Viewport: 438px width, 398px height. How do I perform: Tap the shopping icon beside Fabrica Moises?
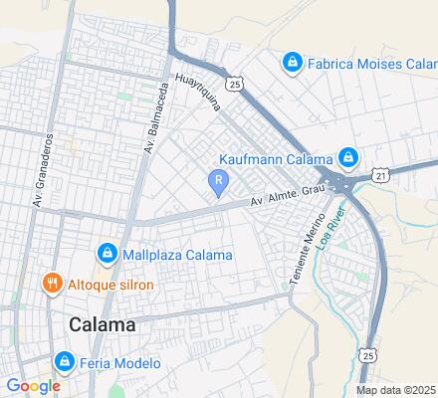click(x=293, y=64)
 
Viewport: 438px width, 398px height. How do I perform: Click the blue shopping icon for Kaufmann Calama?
click(x=347, y=157)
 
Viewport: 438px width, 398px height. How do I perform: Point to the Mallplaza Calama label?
click(x=177, y=254)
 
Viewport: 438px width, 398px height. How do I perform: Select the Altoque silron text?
click(x=109, y=284)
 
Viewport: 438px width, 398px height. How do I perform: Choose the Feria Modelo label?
click(x=120, y=363)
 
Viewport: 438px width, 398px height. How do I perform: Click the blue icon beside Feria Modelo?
click(x=65, y=361)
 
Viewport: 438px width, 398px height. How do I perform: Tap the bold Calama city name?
click(x=104, y=325)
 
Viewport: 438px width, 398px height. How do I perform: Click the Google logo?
click(x=33, y=385)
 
